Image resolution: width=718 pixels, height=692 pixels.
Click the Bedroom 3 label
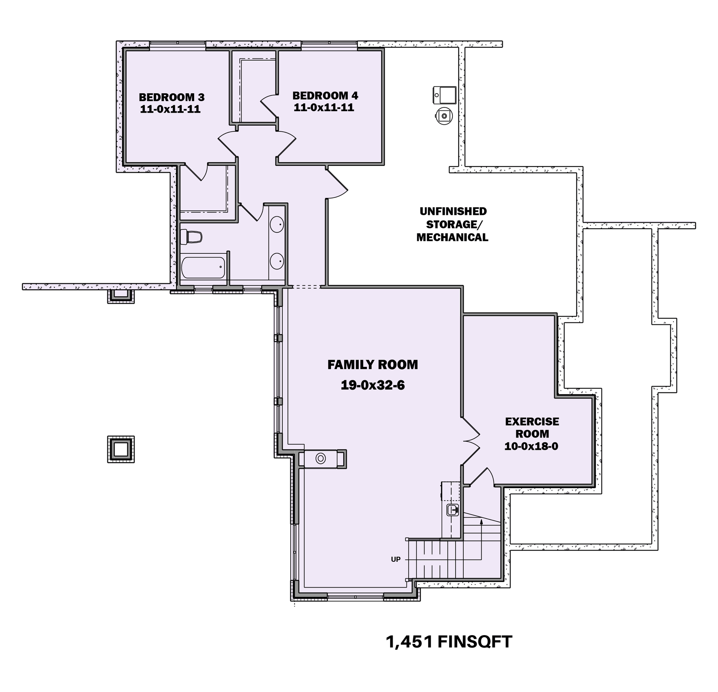tap(172, 97)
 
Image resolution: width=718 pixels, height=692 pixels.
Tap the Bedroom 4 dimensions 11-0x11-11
tap(323, 108)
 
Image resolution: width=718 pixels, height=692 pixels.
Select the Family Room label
tap(372, 365)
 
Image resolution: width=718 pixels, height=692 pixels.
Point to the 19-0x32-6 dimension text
tap(372, 385)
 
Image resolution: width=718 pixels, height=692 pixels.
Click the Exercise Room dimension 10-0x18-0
tap(531, 446)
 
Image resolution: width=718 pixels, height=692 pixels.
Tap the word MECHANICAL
tap(452, 237)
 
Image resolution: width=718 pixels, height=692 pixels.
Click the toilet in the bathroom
tap(191, 237)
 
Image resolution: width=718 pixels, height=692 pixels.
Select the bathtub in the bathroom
tap(203, 267)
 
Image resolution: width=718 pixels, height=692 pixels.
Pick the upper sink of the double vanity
tap(277, 225)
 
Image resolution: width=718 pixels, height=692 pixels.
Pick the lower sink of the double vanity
tap(277, 261)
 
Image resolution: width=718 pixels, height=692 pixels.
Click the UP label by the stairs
tap(396, 560)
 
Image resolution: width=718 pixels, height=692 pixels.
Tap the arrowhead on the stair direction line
tap(481, 520)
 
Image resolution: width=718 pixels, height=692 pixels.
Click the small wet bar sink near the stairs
tap(453, 510)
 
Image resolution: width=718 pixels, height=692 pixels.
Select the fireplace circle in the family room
tap(320, 458)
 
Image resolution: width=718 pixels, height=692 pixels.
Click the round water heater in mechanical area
tap(444, 116)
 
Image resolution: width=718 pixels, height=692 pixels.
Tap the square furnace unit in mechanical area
tap(444, 95)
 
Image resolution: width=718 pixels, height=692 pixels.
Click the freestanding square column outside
tap(121, 449)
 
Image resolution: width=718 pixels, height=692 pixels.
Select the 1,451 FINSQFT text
tap(449, 642)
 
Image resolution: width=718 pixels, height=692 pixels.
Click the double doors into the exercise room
tap(472, 440)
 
